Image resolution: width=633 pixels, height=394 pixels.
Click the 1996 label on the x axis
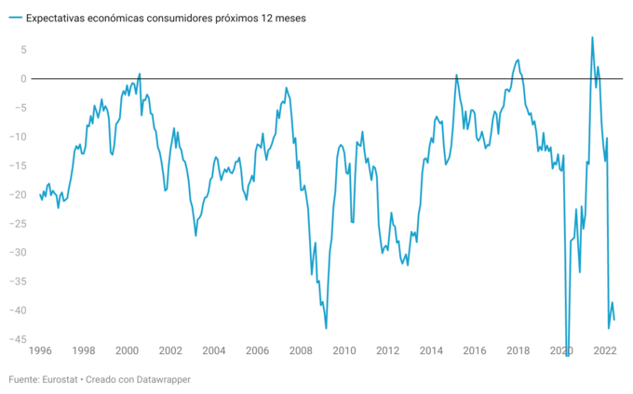click(40, 351)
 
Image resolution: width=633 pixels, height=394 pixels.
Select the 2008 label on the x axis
click(301, 351)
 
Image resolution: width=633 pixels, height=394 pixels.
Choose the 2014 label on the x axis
click(431, 351)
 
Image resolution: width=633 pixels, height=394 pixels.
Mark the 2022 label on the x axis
click(605, 351)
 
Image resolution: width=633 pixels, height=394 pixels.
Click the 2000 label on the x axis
click(127, 351)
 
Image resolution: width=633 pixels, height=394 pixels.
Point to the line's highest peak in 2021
click(592, 37)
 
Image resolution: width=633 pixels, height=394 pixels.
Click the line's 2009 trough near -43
click(326, 328)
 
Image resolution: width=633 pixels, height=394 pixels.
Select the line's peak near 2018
click(518, 59)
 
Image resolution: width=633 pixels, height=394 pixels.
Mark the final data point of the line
click(614, 320)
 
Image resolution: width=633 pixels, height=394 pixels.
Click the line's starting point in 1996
click(40, 194)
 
